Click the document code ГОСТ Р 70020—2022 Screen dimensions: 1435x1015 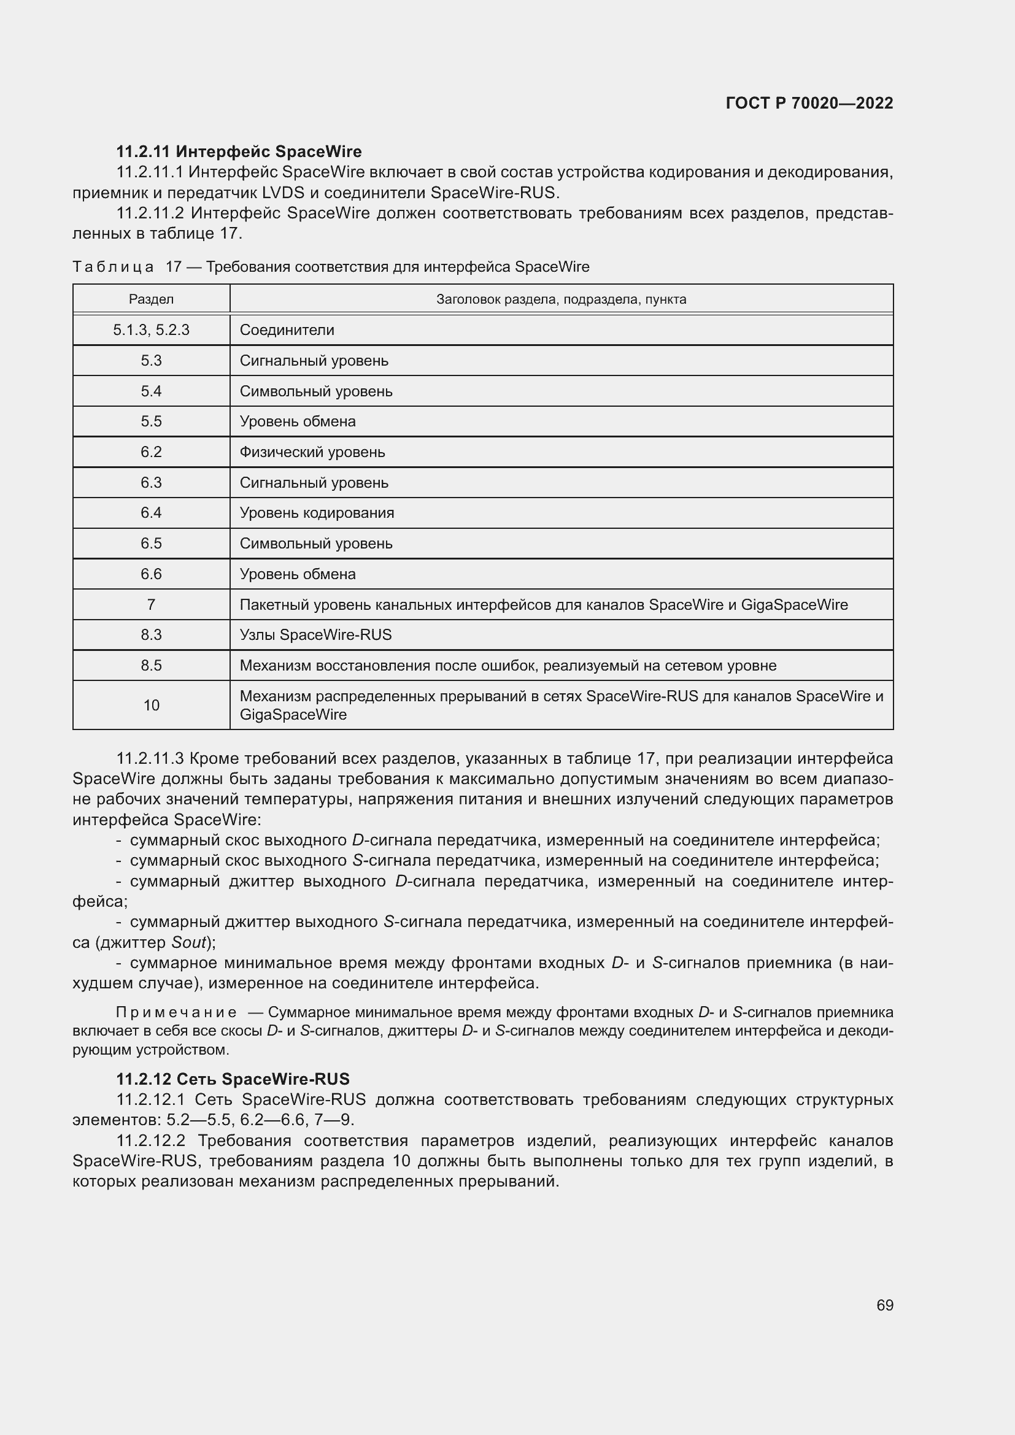click(x=809, y=103)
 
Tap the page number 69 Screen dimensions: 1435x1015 click(x=884, y=1305)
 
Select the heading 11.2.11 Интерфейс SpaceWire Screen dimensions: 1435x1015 click(x=238, y=152)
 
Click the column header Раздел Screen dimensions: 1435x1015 click(x=151, y=299)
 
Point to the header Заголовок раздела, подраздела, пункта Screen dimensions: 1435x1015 click(x=561, y=299)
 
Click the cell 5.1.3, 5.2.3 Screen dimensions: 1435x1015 click(x=151, y=330)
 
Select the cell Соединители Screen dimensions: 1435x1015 click(x=287, y=330)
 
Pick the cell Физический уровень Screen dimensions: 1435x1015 click(x=312, y=452)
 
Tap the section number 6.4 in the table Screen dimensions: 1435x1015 click(x=151, y=512)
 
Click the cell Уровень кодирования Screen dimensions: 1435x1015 click(x=317, y=512)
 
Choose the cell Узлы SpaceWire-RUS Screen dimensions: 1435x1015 click(x=315, y=635)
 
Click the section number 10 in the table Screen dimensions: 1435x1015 click(x=151, y=705)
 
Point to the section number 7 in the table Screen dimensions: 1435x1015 click(x=151, y=604)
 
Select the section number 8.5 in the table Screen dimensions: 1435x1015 click(x=151, y=666)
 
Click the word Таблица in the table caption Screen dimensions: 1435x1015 click(x=113, y=267)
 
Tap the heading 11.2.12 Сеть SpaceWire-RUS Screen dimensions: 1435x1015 click(x=233, y=1079)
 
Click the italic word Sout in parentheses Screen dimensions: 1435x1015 click(x=188, y=942)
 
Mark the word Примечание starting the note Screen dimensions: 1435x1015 click(x=176, y=1012)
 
